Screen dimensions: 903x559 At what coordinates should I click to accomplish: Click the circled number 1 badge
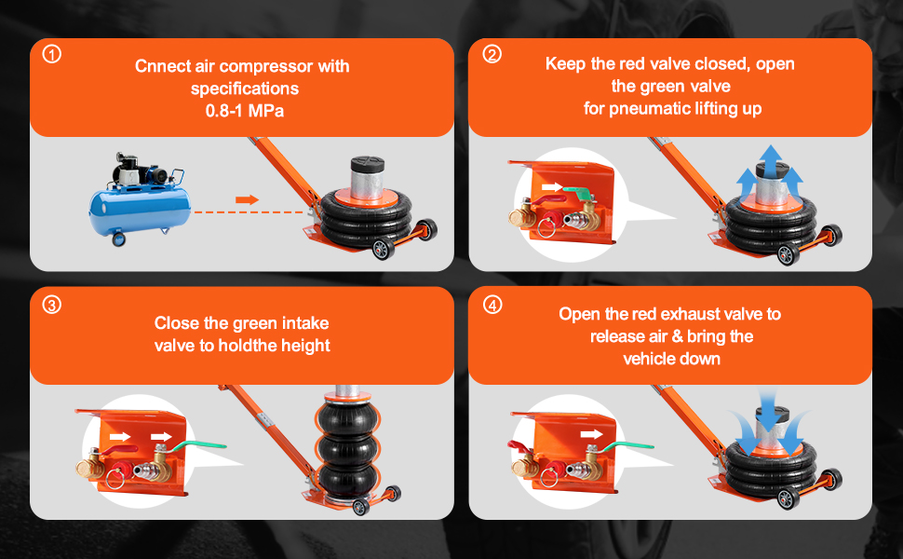pos(52,54)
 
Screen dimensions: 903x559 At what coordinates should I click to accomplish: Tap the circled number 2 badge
pos(492,54)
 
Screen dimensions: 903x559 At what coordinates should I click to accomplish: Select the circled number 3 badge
pos(52,305)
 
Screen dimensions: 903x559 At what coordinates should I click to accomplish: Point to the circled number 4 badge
pos(492,305)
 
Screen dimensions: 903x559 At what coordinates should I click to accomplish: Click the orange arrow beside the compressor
pos(247,199)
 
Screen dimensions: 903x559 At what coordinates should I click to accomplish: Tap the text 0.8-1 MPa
pos(245,111)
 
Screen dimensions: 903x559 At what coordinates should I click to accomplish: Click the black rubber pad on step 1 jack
pos(368,163)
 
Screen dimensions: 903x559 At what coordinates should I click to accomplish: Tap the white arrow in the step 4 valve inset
pos(591,434)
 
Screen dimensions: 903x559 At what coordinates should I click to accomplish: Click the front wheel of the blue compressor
pos(118,239)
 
